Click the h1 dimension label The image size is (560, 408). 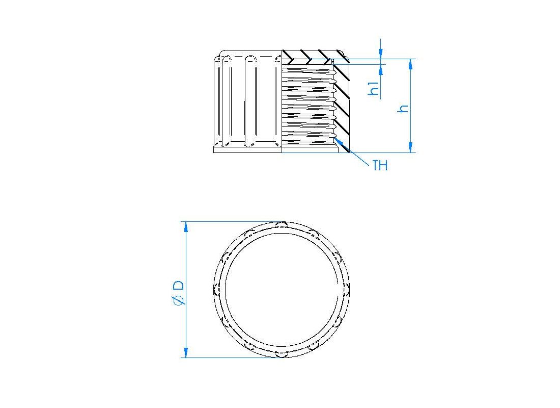pyautogui.click(x=374, y=88)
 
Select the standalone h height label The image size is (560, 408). pyautogui.click(x=403, y=108)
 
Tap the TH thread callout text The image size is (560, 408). pyautogui.click(x=380, y=165)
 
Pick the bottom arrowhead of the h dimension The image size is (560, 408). pyautogui.click(x=410, y=147)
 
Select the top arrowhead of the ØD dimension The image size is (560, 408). pyautogui.click(x=185, y=227)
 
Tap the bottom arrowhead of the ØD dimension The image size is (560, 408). pyautogui.click(x=185, y=352)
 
